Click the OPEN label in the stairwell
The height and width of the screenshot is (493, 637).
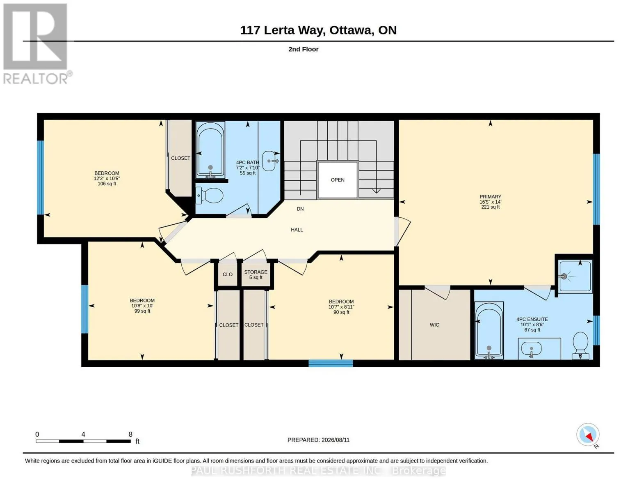pyautogui.click(x=338, y=180)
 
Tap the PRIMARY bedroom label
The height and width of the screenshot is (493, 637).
pyautogui.click(x=490, y=196)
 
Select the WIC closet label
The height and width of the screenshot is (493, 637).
pyautogui.click(x=434, y=325)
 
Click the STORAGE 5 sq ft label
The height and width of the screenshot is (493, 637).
pyautogui.click(x=256, y=274)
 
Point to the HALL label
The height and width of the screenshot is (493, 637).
pyautogui.click(x=297, y=230)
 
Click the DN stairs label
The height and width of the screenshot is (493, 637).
pyautogui.click(x=300, y=209)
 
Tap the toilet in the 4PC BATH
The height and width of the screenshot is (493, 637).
pyautogui.click(x=209, y=196)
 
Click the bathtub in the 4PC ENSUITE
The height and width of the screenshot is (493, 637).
pyautogui.click(x=489, y=330)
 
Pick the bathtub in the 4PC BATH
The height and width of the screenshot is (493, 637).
pyautogui.click(x=210, y=150)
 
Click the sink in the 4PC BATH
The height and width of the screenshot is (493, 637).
pyautogui.click(x=269, y=161)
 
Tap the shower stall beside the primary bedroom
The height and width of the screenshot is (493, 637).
pyautogui.click(x=575, y=276)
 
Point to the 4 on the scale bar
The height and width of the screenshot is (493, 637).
pyautogui.click(x=83, y=434)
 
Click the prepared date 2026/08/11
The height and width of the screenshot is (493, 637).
pyautogui.click(x=336, y=440)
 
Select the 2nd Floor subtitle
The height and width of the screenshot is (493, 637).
pyautogui.click(x=303, y=49)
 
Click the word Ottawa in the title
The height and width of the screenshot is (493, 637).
pyautogui.click(x=351, y=30)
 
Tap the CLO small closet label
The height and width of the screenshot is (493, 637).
pyautogui.click(x=228, y=274)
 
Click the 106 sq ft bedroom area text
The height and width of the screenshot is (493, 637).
pyautogui.click(x=107, y=184)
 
